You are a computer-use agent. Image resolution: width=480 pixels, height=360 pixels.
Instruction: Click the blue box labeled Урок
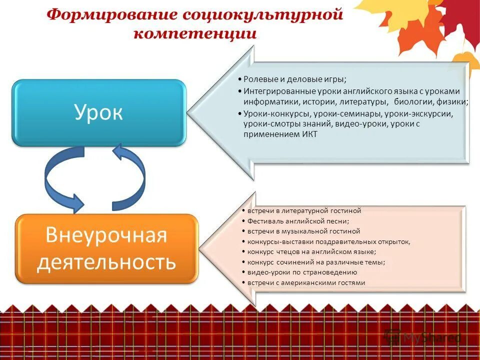pos(99,113)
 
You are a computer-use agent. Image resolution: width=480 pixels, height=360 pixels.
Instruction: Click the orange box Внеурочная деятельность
pos(106,248)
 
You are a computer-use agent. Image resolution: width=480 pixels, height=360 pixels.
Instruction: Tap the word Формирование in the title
pos(111,14)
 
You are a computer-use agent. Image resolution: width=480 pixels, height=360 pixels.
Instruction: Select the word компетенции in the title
pos(195,33)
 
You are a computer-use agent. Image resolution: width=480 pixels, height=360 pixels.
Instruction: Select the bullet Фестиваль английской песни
pos(298,221)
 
